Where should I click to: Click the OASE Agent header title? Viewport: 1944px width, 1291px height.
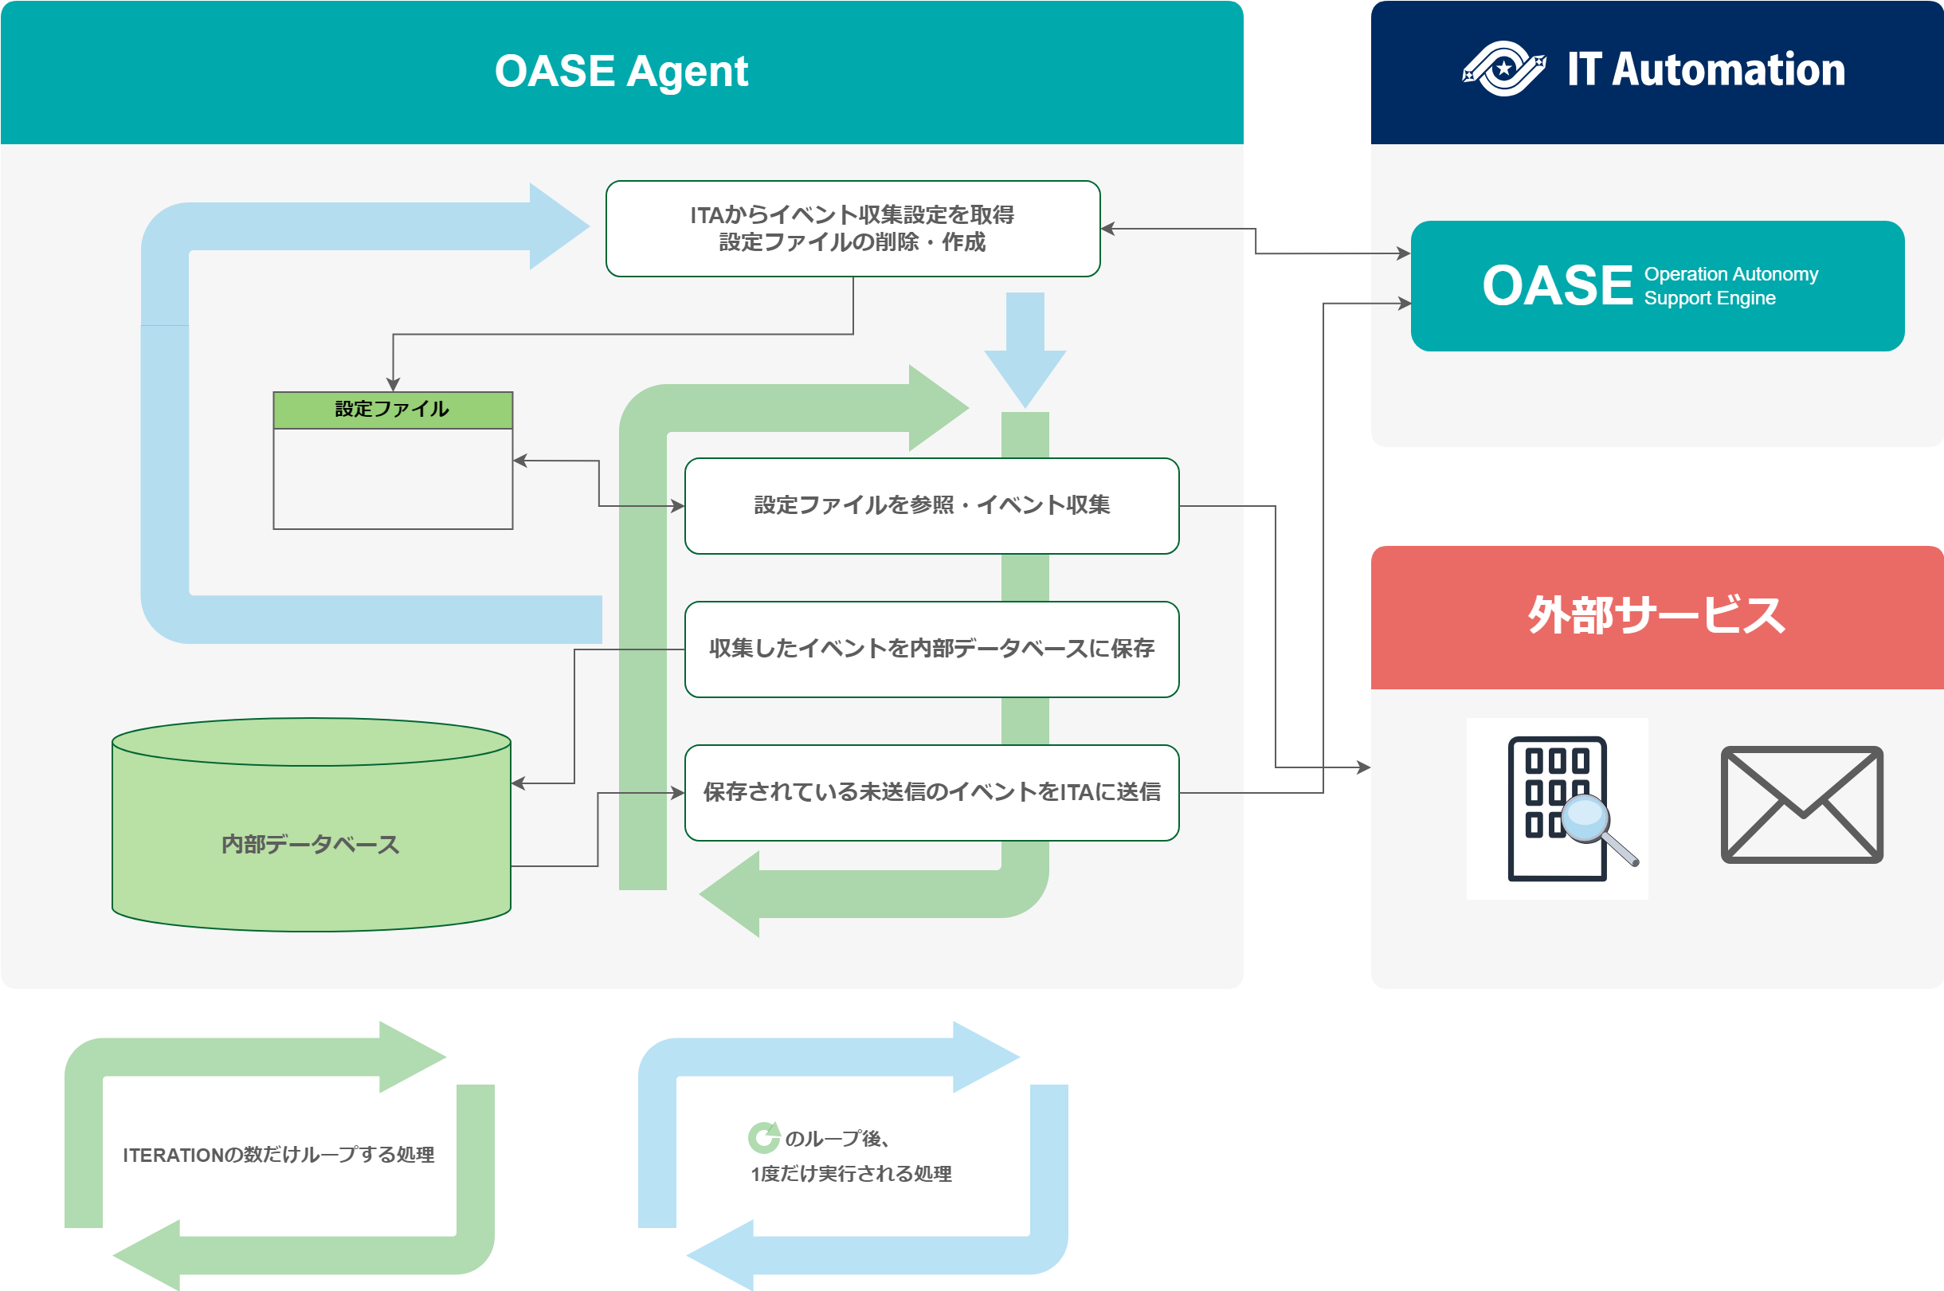coord(621,71)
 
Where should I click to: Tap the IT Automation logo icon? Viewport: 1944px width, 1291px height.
coord(1503,69)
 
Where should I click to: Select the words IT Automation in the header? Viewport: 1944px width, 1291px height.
coord(1706,69)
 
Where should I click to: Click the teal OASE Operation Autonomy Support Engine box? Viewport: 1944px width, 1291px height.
coord(1656,286)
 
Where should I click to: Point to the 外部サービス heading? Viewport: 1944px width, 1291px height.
coord(1656,615)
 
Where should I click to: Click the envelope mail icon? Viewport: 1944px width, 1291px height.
coord(1801,804)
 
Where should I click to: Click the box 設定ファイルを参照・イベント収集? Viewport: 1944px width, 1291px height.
coord(931,505)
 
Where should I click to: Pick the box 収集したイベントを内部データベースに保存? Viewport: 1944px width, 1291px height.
coord(931,649)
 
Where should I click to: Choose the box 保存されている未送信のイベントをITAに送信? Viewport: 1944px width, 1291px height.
coord(931,792)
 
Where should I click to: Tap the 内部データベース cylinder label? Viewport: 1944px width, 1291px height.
coord(310,844)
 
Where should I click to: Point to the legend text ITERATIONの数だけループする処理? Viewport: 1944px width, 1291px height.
coord(278,1156)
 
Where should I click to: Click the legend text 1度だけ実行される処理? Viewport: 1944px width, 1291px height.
coord(851,1174)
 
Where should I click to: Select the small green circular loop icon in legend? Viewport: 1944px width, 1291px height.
coord(764,1138)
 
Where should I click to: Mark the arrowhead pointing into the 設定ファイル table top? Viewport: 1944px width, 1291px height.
coord(394,384)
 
